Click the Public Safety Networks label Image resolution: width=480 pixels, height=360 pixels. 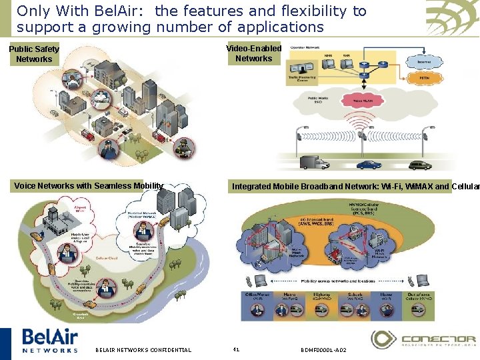[x=34, y=54]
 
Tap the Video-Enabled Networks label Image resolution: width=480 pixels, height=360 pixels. [x=253, y=53]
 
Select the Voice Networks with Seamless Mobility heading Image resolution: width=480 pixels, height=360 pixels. [x=89, y=186]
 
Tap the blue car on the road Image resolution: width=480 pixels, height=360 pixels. [x=369, y=164]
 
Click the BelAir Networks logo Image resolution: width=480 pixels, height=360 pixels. [x=50, y=340]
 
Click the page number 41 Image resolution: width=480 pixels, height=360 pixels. [x=235, y=349]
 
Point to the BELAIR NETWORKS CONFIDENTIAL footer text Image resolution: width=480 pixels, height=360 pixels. [x=143, y=350]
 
